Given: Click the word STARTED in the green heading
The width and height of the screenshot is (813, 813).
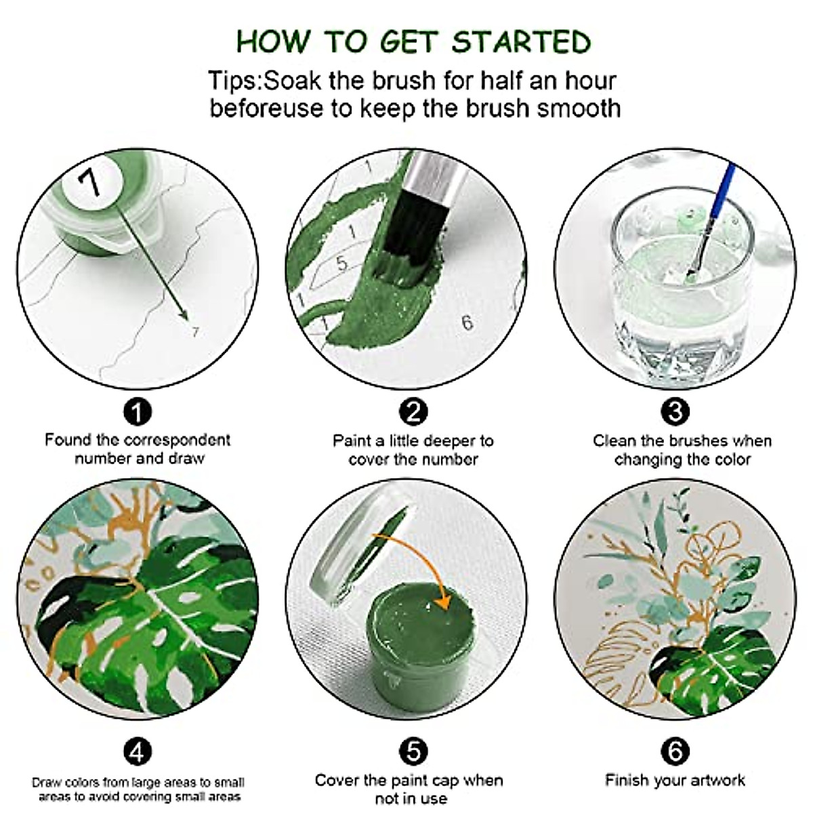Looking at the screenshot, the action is pos(521,42).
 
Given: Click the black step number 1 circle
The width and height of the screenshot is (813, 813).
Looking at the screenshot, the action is pos(138,412).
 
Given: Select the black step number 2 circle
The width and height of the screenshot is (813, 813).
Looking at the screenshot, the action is pos(413,412).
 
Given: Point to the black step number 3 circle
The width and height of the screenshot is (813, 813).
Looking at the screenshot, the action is pos(675,412).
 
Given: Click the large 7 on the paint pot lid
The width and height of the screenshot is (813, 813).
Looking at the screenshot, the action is pos(89,182).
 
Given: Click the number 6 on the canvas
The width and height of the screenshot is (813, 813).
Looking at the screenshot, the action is pos(467,322).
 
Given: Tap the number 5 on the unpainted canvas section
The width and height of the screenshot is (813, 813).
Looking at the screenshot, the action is pos(341,264).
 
